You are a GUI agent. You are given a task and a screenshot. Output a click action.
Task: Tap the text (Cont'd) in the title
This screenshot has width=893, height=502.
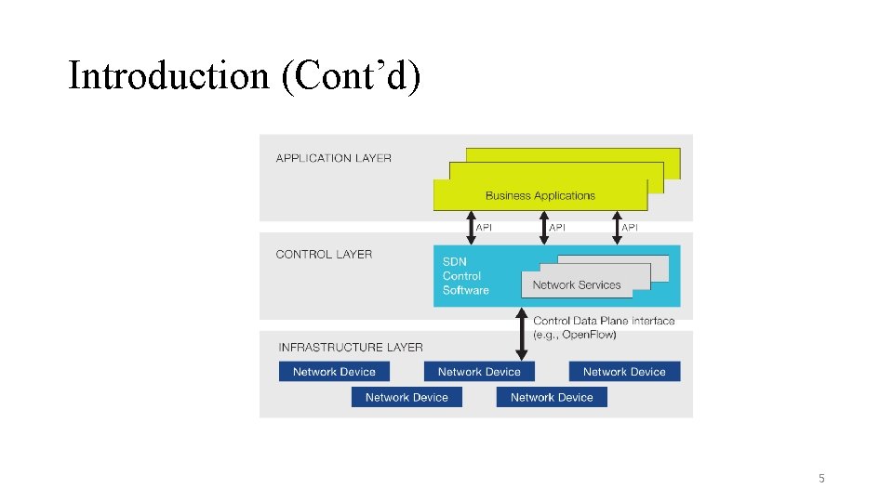351,76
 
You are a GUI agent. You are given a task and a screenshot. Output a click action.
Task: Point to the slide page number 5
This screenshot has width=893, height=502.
821,479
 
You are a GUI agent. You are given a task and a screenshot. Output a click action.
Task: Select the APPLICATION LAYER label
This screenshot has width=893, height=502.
333,158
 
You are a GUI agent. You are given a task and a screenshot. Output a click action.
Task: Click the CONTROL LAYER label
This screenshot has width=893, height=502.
324,254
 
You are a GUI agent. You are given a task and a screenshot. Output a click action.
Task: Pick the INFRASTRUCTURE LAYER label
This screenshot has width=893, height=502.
351,347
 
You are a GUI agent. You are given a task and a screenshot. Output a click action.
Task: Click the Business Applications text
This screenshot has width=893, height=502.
540,195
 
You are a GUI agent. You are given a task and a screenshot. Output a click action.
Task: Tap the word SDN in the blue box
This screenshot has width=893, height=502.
455,261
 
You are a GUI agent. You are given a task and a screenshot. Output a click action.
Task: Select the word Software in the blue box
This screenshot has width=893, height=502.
465,290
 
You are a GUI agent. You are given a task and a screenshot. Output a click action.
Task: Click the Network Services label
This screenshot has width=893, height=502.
576,284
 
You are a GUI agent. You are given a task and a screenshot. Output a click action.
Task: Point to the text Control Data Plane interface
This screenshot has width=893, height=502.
604,321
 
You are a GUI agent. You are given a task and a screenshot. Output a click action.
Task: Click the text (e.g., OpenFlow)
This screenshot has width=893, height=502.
574,335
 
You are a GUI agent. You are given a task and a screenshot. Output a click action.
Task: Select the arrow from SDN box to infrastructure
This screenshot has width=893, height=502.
521,335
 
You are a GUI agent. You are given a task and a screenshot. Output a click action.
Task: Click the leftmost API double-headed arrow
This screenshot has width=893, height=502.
470,228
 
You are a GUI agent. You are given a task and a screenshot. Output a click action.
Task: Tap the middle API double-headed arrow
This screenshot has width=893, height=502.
543,228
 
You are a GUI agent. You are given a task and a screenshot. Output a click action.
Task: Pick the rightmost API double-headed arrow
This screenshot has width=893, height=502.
616,228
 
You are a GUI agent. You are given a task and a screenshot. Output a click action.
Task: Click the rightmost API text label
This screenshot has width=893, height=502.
630,227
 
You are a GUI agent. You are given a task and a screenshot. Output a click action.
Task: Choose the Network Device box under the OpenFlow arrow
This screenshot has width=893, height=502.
479,372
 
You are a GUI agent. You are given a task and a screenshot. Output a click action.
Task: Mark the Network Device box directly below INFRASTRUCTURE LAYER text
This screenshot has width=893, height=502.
334,372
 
